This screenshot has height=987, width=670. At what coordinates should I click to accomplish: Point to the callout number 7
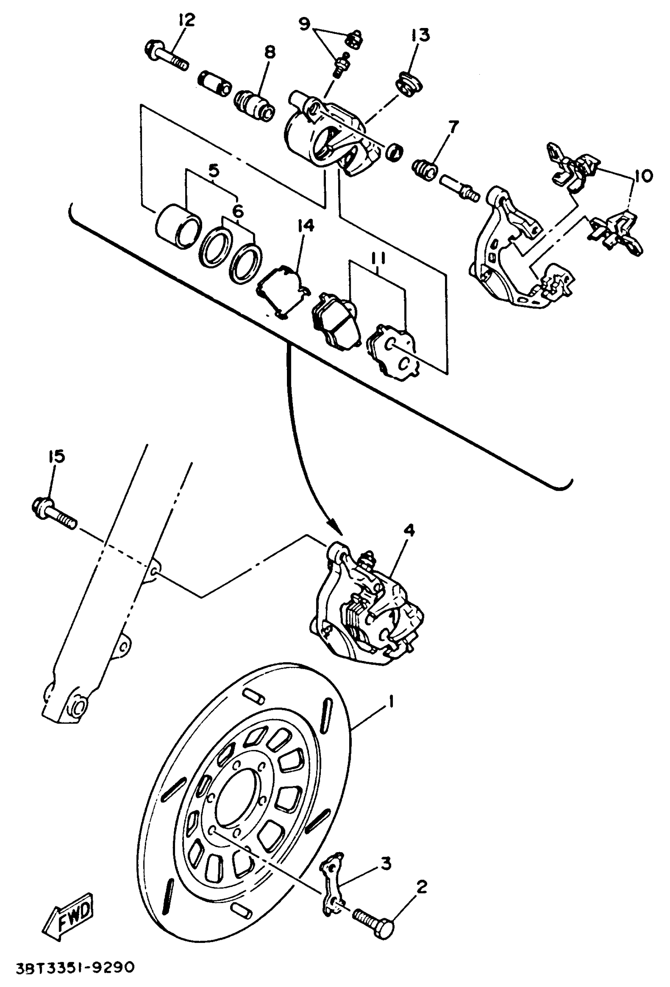point(453,127)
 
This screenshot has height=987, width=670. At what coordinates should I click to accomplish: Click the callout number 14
point(305,226)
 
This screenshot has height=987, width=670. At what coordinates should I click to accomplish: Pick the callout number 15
point(56,456)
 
